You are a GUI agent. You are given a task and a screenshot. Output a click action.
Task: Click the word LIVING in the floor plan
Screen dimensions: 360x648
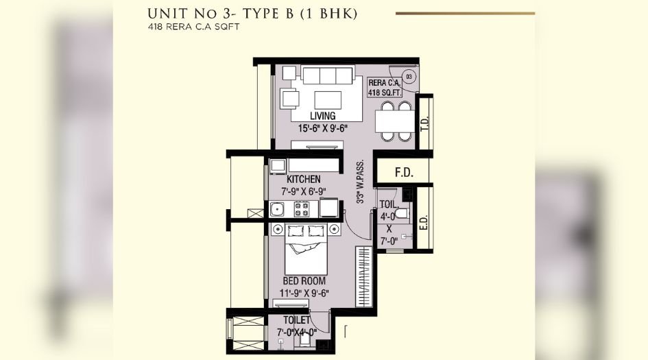(322, 116)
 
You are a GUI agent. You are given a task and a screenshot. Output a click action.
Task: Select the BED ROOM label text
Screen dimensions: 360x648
(304, 281)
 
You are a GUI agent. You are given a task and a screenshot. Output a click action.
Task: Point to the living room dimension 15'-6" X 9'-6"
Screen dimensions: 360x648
(324, 128)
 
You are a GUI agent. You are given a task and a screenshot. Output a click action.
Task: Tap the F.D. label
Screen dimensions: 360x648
(404, 173)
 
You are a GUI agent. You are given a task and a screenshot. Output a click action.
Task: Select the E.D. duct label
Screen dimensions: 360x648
(424, 224)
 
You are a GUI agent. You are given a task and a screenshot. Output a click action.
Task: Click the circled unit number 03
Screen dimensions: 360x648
(409, 77)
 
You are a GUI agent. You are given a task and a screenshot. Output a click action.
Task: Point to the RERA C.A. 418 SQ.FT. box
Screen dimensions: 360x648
(384, 87)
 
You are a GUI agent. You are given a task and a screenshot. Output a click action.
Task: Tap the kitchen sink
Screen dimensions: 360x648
(277, 209)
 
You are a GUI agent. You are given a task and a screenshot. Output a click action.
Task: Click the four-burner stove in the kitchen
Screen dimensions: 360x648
(302, 209)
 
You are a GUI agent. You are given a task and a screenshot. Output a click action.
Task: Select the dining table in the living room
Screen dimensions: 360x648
(396, 122)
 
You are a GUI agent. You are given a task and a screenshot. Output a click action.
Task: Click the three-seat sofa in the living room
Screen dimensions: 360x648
(328, 74)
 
